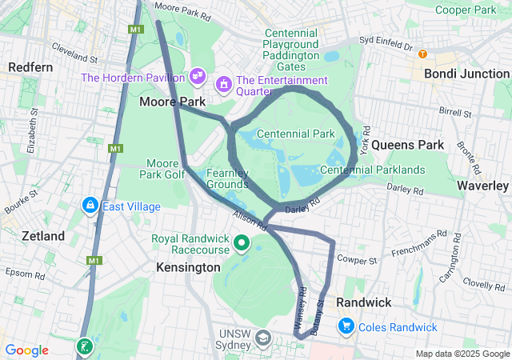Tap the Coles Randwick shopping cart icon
pos(346,326)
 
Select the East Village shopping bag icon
pos(90,206)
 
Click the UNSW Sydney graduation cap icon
pos(262,339)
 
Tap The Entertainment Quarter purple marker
pos(224,82)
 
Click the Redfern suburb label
pos(30,67)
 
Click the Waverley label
pos(482,185)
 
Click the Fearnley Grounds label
pos(227,178)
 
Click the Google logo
pos(26,350)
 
